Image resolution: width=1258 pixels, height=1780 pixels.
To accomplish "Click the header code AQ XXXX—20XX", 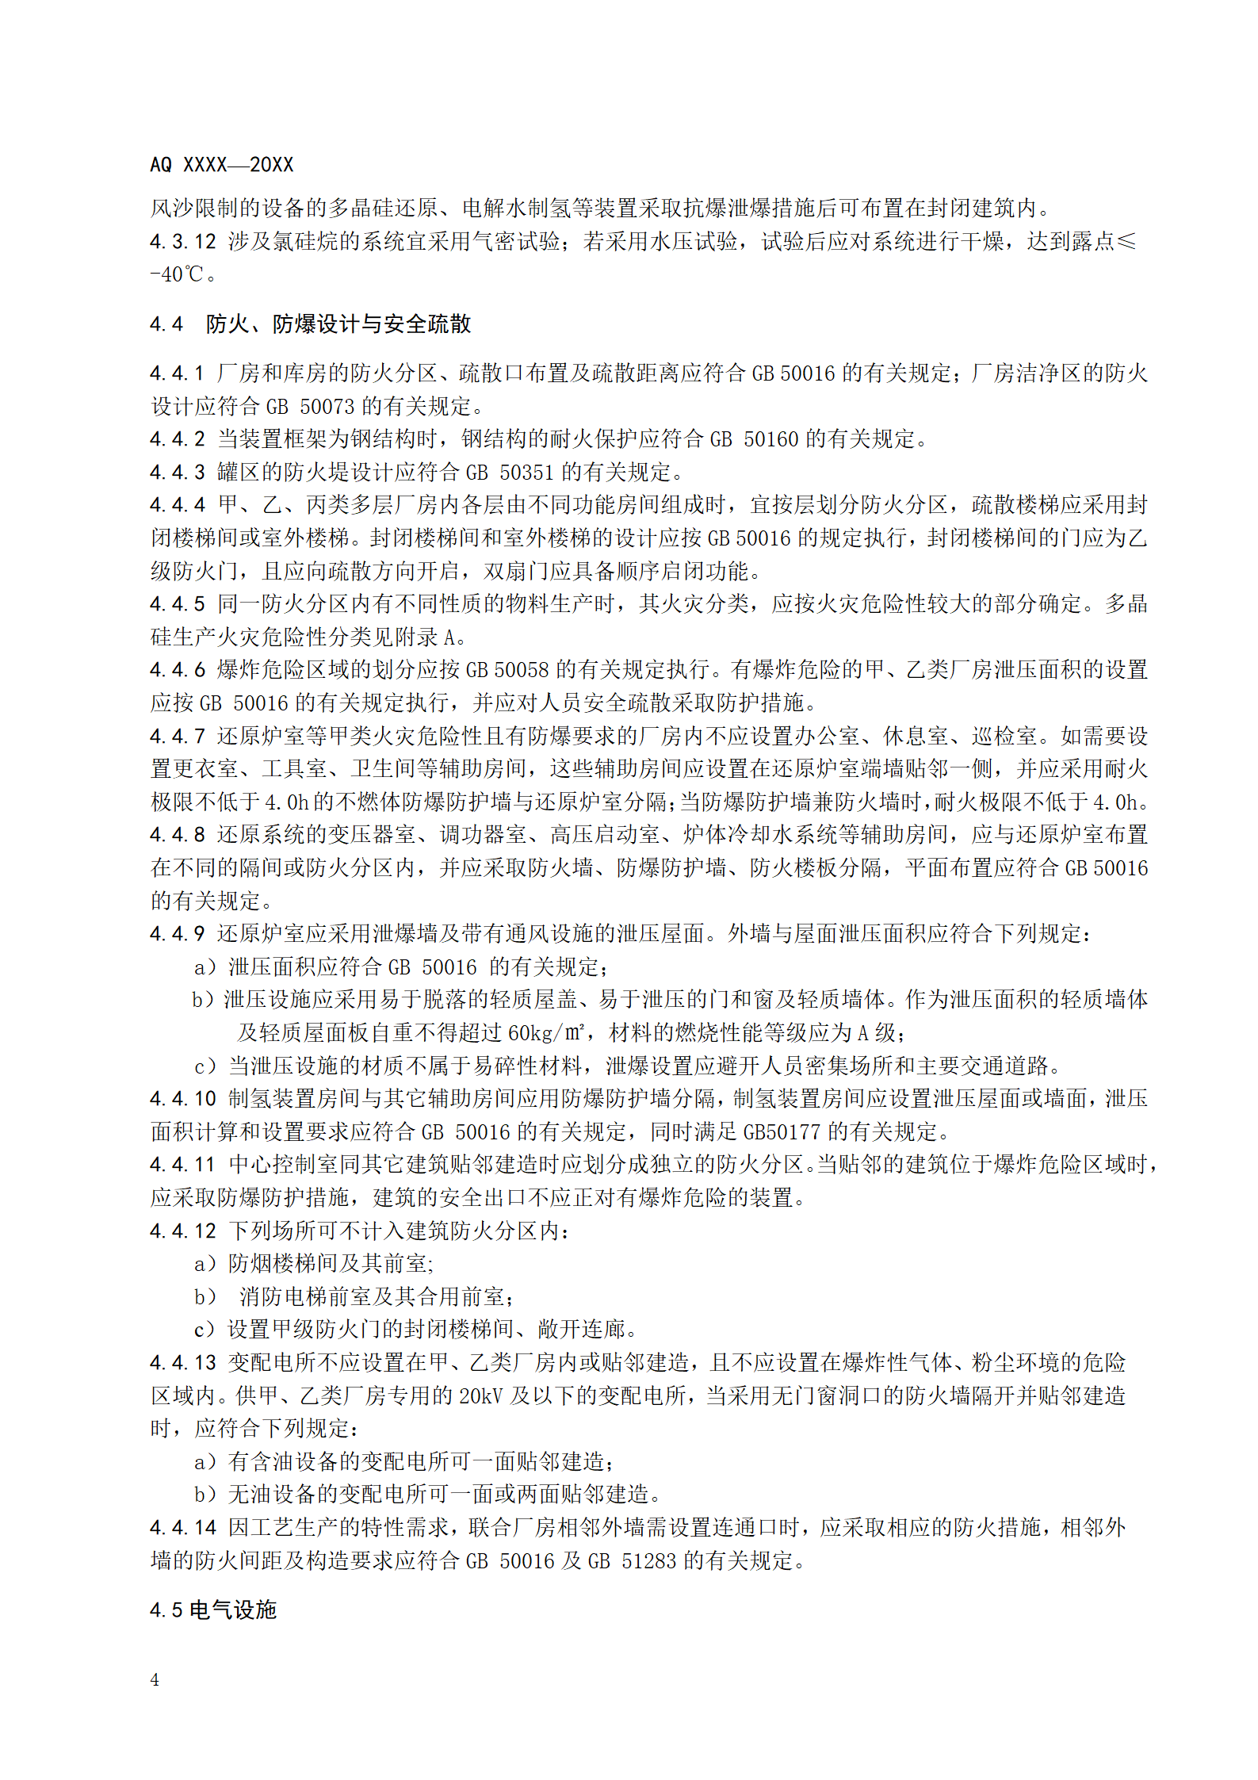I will tap(221, 165).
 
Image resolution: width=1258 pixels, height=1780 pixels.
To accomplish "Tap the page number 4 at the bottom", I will tap(155, 1679).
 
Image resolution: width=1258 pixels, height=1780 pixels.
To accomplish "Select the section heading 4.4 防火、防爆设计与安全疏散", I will tap(310, 324).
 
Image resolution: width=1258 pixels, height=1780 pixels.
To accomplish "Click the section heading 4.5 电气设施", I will tap(213, 1610).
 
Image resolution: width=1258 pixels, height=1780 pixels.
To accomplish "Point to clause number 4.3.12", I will tap(183, 242).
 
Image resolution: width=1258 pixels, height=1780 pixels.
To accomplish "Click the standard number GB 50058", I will tap(507, 670).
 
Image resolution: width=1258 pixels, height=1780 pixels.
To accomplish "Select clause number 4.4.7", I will tap(178, 737).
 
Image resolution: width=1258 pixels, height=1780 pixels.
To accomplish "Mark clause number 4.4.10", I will tap(183, 1099).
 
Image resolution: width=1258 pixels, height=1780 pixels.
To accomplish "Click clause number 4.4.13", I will tap(183, 1363).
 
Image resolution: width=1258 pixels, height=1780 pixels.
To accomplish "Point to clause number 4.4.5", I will tap(178, 604).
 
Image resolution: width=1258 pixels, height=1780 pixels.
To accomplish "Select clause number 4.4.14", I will tap(183, 1528).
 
